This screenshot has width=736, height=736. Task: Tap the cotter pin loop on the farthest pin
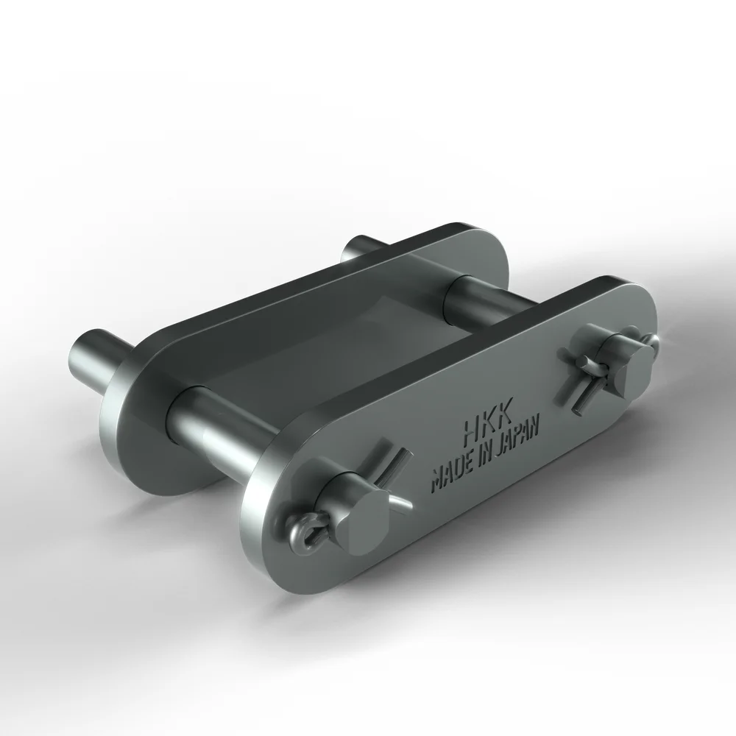click(648, 340)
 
